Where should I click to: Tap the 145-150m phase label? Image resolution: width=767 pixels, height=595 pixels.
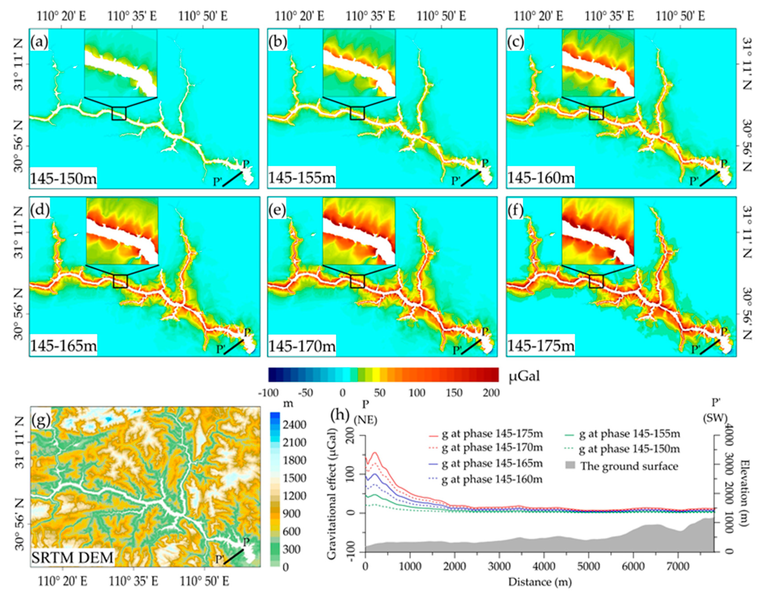[63, 179]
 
